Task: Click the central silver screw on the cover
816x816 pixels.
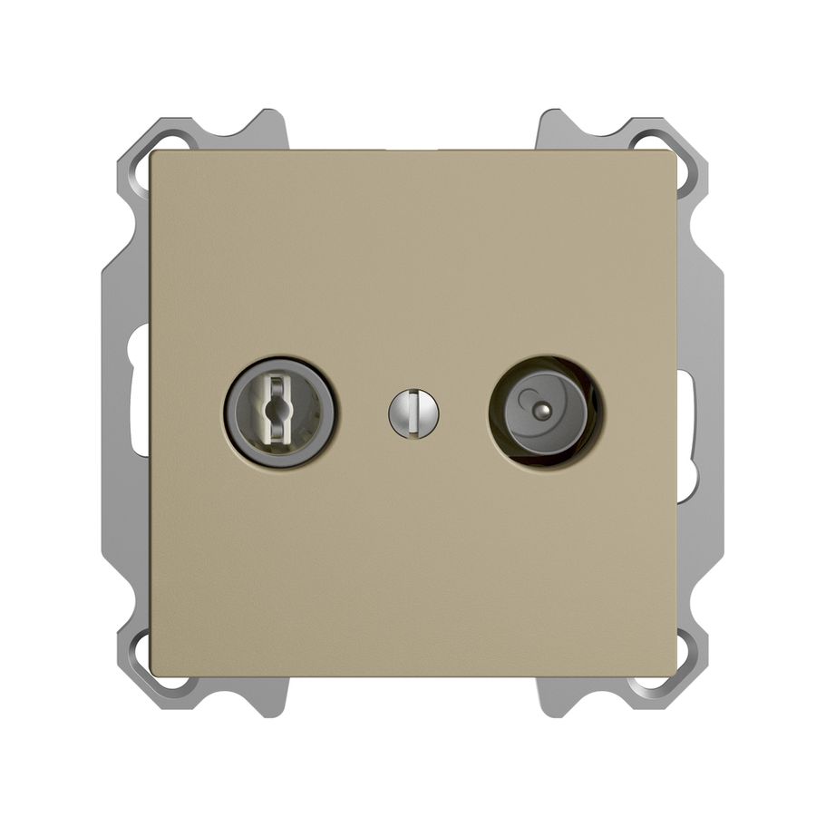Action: point(413,413)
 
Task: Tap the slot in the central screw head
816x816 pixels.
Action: point(413,413)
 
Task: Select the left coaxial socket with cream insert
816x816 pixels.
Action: point(279,413)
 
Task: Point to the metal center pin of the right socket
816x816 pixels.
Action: point(543,409)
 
